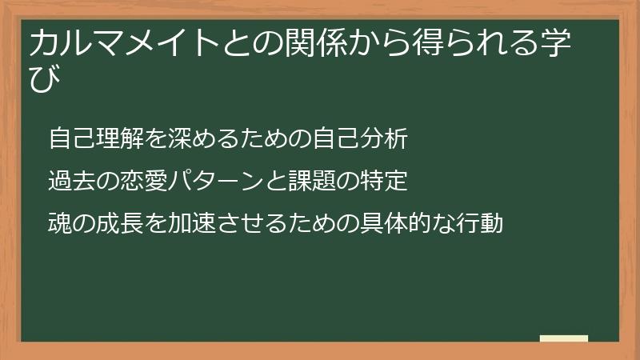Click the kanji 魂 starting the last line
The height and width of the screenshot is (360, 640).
[60, 223]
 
